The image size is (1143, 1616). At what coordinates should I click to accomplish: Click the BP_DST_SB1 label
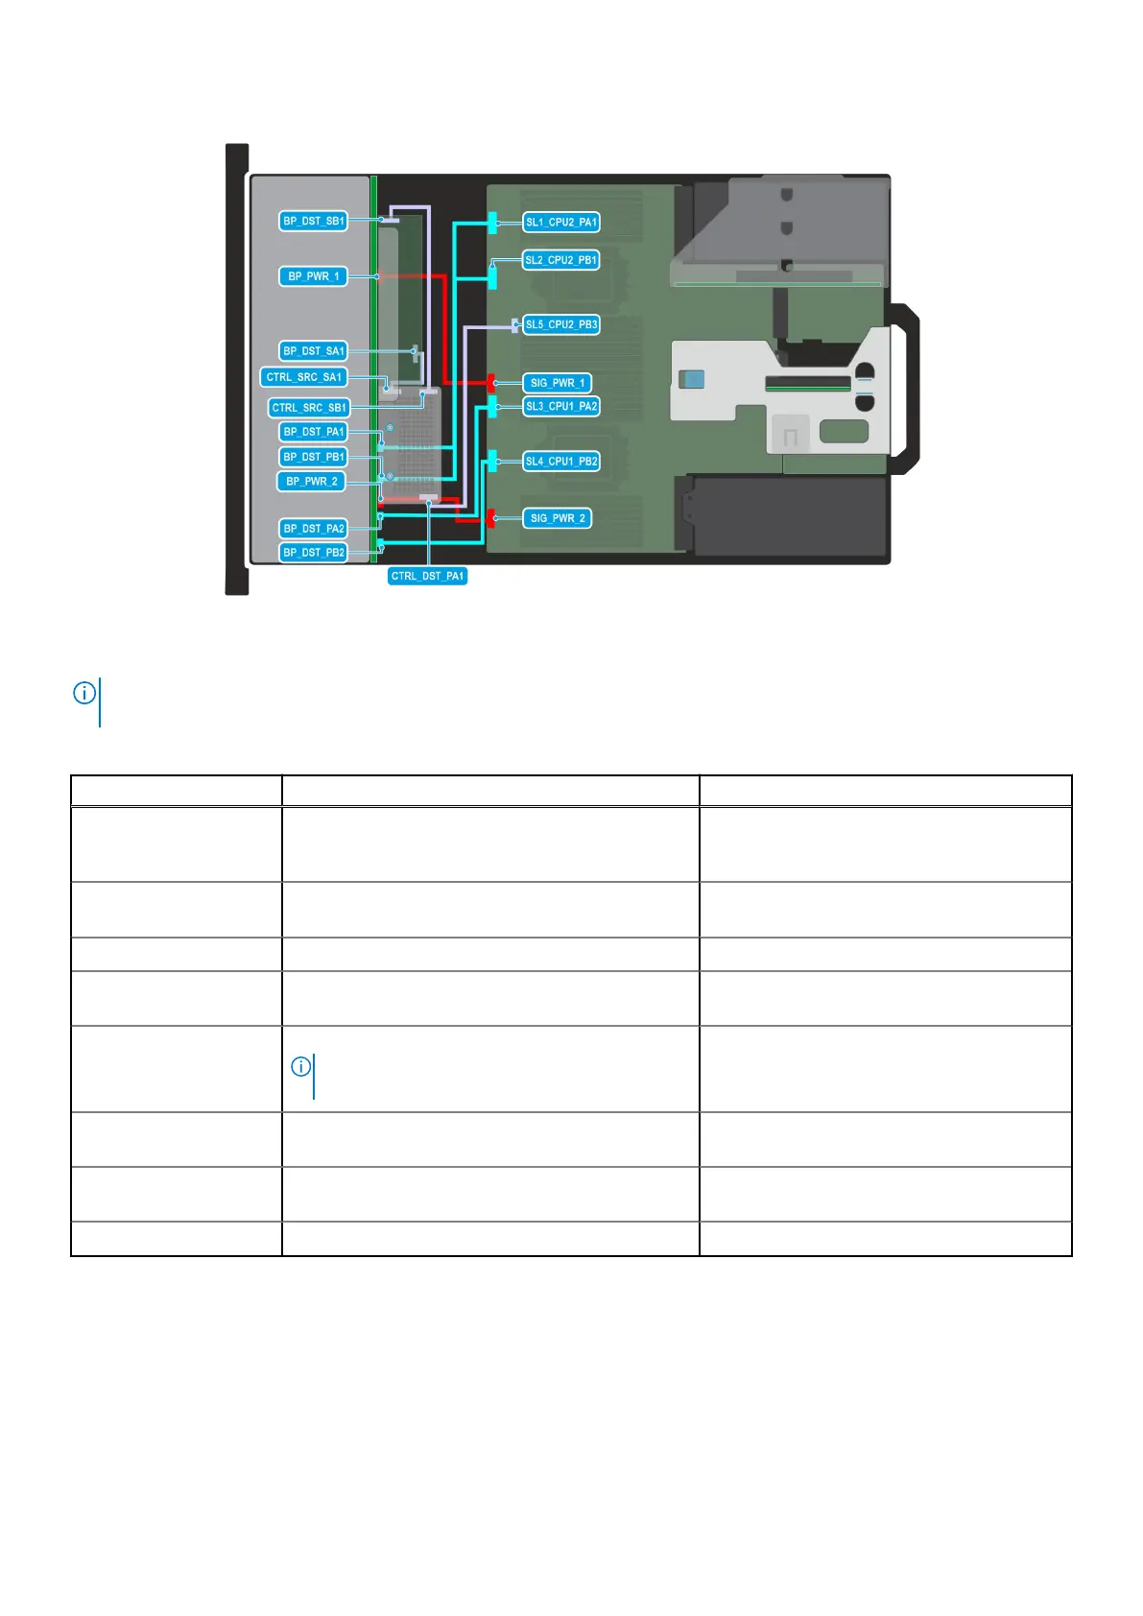[x=314, y=221]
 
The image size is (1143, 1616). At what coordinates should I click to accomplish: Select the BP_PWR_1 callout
[x=314, y=276]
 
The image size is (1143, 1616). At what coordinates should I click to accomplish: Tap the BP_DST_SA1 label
[x=314, y=351]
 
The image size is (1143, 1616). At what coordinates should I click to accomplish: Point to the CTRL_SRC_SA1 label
[x=304, y=377]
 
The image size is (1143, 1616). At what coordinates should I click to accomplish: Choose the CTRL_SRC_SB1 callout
[x=309, y=408]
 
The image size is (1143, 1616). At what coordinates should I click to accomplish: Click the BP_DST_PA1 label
[x=314, y=432]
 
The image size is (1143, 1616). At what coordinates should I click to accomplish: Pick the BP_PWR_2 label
[x=312, y=482]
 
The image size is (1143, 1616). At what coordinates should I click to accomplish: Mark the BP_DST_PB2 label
[x=314, y=553]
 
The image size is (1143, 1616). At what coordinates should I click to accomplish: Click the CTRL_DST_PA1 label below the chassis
[x=427, y=576]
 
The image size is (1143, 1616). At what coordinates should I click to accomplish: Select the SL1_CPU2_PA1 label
[x=561, y=223]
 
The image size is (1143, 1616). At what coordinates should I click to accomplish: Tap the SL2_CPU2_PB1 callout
[x=561, y=260]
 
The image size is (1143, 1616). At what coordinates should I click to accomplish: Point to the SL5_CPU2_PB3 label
[x=561, y=324]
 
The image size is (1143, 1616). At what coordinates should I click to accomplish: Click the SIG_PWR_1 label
[x=558, y=383]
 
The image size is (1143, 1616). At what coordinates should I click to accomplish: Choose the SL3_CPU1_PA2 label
[x=561, y=407]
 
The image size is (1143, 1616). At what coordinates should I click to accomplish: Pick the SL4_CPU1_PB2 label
[x=561, y=462]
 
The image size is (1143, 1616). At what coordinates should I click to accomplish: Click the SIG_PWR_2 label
[x=558, y=518]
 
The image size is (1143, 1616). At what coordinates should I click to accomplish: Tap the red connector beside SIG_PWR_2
[x=491, y=518]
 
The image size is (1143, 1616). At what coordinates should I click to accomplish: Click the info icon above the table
[x=84, y=693]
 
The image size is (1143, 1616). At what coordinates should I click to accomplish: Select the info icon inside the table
[x=301, y=1066]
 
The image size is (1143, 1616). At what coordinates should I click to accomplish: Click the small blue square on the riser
[x=692, y=378]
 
